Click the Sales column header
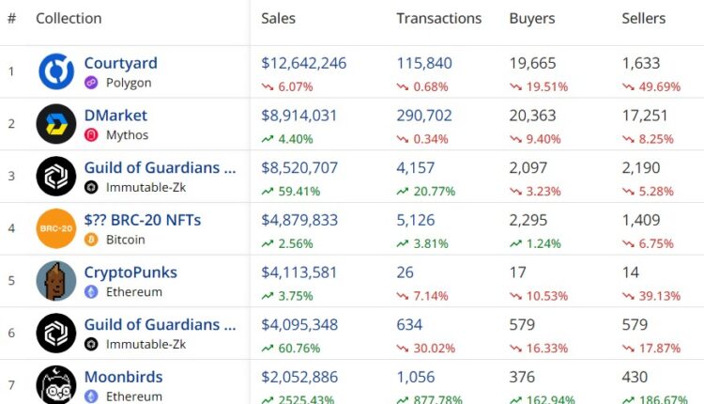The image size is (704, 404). pos(278,19)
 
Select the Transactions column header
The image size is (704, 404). pos(438,19)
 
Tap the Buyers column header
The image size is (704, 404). pos(531,19)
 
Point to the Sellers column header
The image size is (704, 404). pos(643,19)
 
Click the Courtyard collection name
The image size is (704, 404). pos(120,64)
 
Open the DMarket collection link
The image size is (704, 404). pos(115,116)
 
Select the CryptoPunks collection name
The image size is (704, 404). pos(130,272)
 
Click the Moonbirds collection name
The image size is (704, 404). pos(123,377)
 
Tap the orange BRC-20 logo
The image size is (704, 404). pos(55,228)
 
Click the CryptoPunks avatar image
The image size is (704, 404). pos(55,281)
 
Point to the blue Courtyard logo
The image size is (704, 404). pos(55,72)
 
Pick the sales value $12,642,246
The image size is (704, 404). pos(303,64)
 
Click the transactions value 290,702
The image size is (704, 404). pos(423,116)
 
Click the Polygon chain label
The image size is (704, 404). pos(129,83)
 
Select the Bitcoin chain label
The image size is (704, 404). pos(126,240)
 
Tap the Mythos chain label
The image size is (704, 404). pos(127,134)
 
